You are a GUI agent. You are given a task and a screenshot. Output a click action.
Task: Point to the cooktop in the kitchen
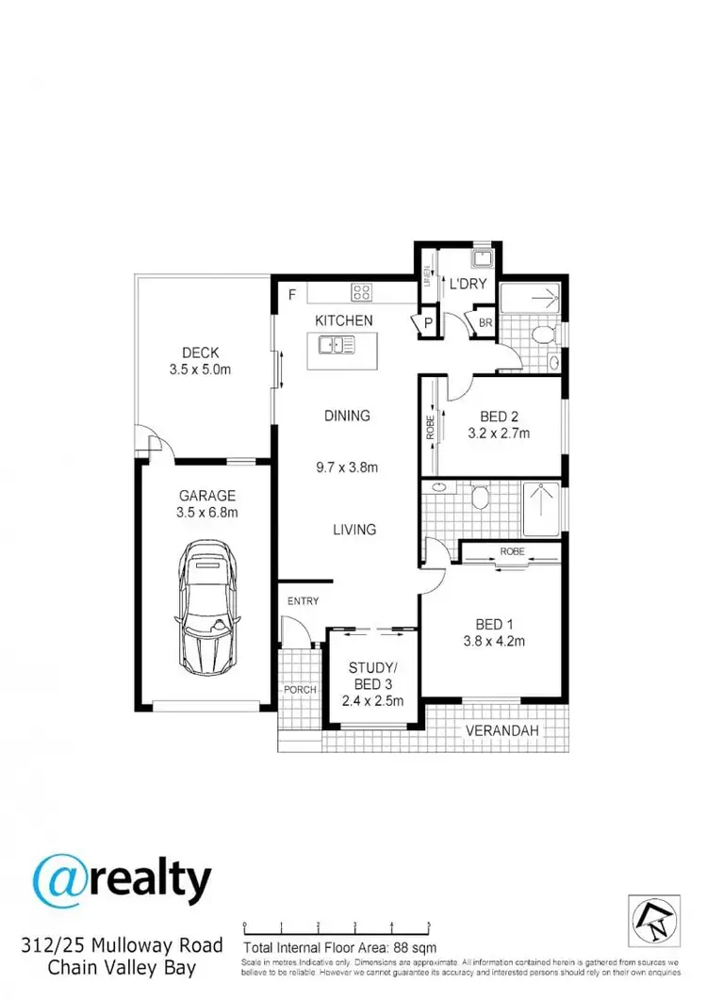(363, 291)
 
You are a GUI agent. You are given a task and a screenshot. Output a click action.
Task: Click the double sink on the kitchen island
(336, 347)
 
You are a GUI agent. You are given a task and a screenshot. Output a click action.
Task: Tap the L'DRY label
(467, 284)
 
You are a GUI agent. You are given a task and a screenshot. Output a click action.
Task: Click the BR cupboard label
(485, 322)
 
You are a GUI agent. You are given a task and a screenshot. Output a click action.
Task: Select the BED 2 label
(500, 416)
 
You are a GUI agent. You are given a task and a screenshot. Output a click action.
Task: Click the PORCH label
(300, 689)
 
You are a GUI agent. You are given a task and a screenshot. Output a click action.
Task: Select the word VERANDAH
(497, 730)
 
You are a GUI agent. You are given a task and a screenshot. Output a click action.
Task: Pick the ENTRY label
(304, 601)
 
